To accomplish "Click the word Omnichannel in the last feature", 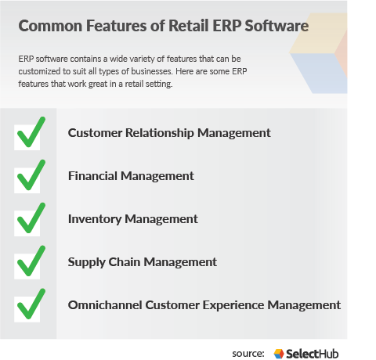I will click(107, 304).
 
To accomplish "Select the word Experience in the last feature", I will click(236, 304).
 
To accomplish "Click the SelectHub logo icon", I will click(279, 354).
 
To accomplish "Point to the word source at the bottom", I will click(248, 354).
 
